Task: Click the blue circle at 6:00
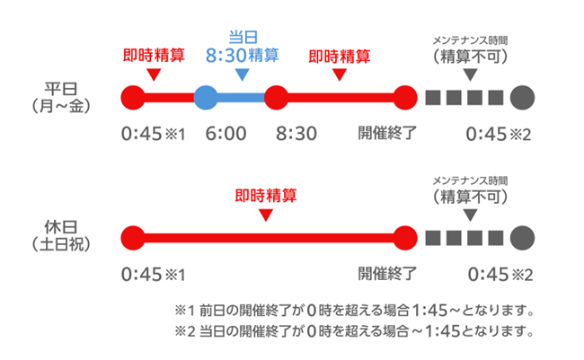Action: tap(205, 96)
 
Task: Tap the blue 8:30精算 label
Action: tap(241, 55)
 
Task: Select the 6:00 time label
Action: tap(226, 135)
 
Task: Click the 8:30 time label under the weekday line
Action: tap(296, 135)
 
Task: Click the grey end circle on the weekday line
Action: tap(522, 96)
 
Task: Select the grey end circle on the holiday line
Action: tap(522, 238)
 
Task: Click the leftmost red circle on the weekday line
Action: tap(133, 96)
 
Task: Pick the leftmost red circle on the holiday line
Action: tap(133, 238)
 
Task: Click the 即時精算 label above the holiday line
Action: tap(265, 194)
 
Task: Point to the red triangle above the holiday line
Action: tap(265, 215)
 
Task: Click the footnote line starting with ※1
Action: tap(355, 312)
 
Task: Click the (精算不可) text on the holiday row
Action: tap(469, 196)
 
